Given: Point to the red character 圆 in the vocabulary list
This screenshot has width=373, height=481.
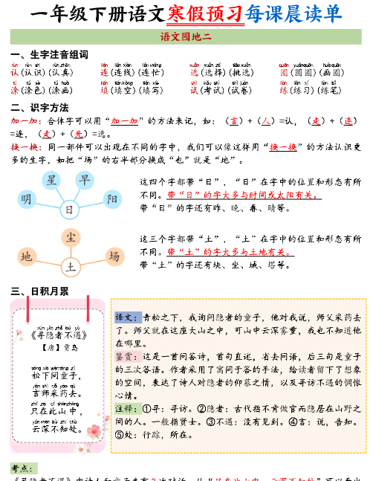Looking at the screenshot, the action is pyautogui.click(x=283, y=72).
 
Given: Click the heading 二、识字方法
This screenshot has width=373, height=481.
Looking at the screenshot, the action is pyautogui.click(x=39, y=107).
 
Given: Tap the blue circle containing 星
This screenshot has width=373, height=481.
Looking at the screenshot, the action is pyautogui.click(x=52, y=181).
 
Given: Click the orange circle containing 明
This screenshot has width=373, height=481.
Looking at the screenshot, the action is pyautogui.click(x=27, y=199).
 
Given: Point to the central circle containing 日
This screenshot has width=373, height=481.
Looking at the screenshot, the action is pyautogui.click(x=70, y=210).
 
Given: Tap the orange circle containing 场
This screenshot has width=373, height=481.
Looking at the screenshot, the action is pyautogui.click(x=114, y=256).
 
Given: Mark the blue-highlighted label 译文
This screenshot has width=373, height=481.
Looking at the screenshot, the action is pyautogui.click(x=124, y=316).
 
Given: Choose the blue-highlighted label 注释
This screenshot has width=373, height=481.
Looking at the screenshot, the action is pyautogui.click(x=124, y=408).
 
